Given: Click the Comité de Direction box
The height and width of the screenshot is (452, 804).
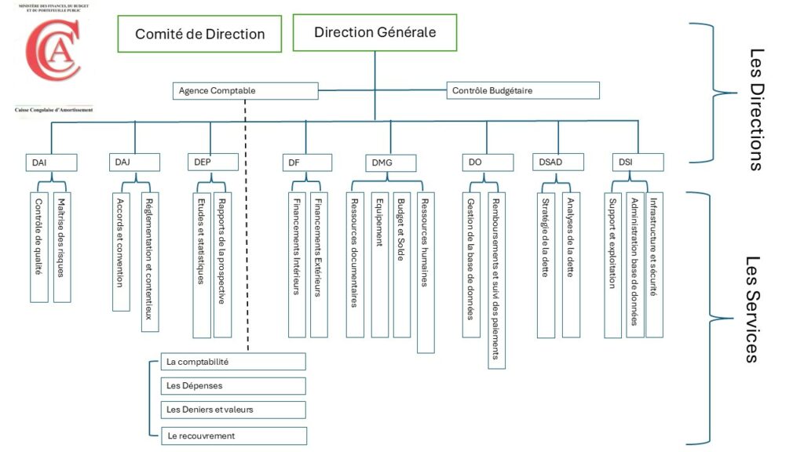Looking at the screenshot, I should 199,34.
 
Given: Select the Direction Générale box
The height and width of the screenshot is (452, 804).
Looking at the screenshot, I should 375,32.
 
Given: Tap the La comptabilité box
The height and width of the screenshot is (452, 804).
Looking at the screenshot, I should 232,362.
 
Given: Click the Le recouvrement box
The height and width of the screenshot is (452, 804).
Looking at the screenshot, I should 232,436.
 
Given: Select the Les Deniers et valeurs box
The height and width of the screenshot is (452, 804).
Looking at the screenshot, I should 232,410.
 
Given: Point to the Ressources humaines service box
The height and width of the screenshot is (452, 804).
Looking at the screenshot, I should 426,272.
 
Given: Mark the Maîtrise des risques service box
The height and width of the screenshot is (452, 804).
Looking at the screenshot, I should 61,246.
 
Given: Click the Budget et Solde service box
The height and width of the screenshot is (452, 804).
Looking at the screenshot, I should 401,264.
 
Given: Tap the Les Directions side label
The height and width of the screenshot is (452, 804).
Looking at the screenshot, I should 756,110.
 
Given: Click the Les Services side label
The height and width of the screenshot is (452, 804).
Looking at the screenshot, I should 751,308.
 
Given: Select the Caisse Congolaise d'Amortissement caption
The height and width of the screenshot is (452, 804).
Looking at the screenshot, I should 53,110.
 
